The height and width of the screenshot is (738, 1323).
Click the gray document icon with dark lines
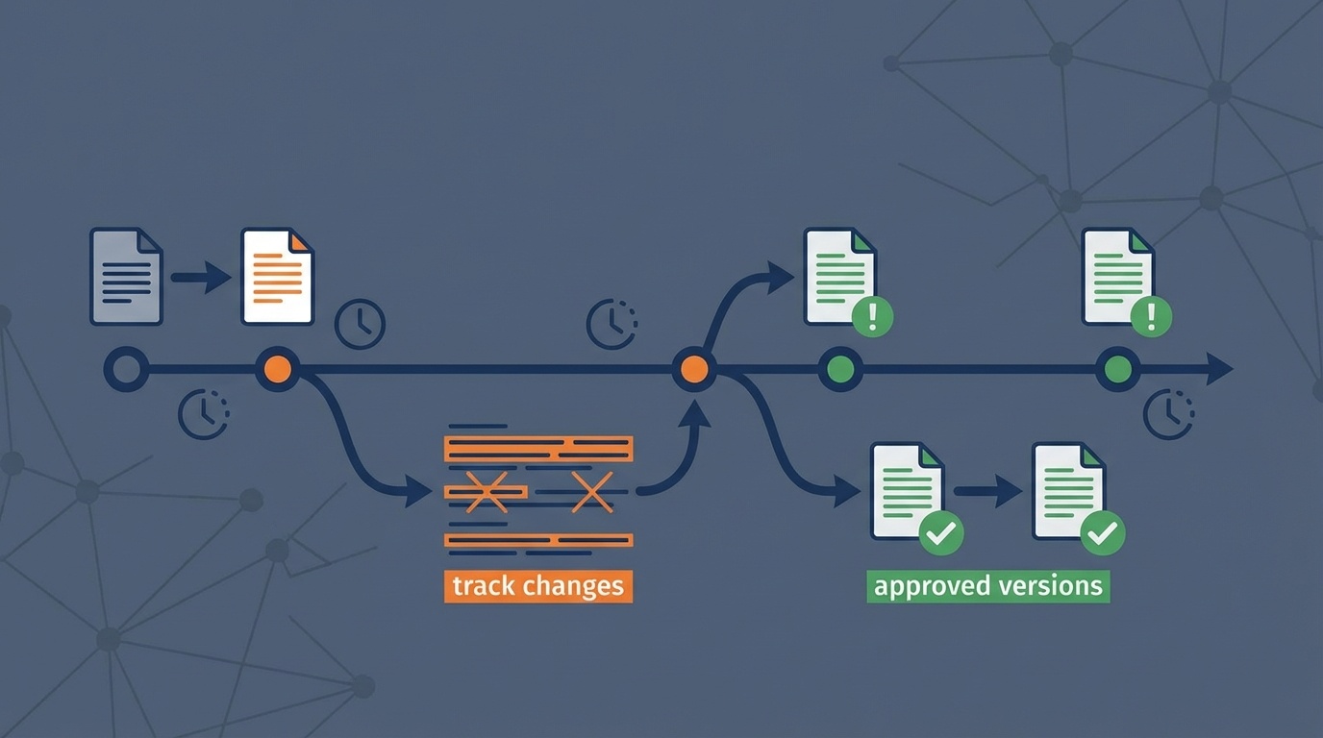click(126, 276)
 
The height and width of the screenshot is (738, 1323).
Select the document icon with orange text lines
click(277, 276)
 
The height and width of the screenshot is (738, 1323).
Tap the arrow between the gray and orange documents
click(201, 278)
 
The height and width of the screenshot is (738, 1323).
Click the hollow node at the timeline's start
click(126, 369)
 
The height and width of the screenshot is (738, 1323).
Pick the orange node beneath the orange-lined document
click(277, 369)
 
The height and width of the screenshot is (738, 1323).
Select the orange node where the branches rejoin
click(693, 369)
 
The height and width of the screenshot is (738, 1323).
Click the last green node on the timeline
click(1117, 369)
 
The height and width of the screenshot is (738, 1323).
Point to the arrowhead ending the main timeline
click(1219, 369)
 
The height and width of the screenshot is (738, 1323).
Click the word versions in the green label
click(1052, 586)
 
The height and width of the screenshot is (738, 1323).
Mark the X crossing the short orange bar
click(487, 492)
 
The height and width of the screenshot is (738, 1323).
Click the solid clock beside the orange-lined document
click(360, 324)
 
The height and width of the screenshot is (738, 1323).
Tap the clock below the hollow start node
click(204, 414)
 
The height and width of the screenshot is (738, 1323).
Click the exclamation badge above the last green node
click(1151, 315)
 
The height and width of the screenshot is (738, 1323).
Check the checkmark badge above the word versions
click(1103, 532)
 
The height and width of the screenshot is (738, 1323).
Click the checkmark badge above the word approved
click(941, 532)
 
